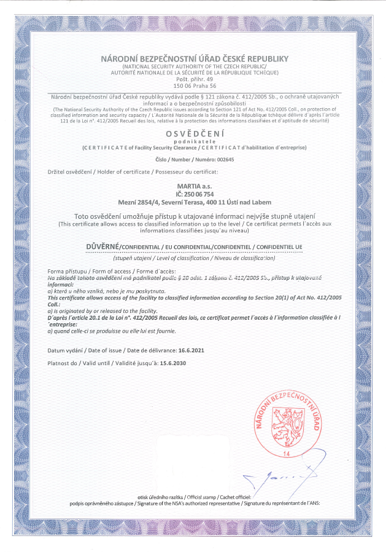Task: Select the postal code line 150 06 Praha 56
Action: (x=193, y=85)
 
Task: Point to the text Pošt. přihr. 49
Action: (x=193, y=79)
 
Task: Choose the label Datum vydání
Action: (x=64, y=349)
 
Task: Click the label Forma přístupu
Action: (x=65, y=271)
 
